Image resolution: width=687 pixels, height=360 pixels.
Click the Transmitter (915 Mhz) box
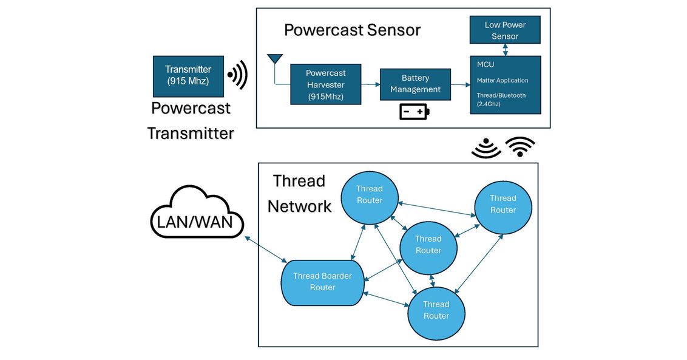tap(188, 75)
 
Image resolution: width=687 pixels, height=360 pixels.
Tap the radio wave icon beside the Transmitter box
tap(238, 75)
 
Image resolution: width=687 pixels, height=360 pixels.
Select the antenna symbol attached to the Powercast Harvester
tap(275, 59)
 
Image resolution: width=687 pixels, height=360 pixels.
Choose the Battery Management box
tap(415, 84)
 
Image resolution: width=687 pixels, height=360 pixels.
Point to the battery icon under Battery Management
tap(414, 112)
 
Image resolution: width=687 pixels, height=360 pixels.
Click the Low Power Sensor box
tap(505, 30)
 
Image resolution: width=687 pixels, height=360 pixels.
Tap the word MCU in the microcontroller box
tap(486, 64)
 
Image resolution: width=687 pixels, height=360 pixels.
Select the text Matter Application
tap(503, 80)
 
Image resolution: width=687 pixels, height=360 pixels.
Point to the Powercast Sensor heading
tap(352, 30)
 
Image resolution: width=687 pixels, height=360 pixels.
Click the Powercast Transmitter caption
tap(191, 120)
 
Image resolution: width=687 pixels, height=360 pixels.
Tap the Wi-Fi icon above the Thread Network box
tap(520, 147)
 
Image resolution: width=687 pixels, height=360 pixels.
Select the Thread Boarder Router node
tap(322, 282)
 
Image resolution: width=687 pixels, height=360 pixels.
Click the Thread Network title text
tap(299, 193)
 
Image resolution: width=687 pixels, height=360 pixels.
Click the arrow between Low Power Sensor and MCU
tap(505, 50)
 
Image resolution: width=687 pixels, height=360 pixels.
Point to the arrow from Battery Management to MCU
tap(461, 84)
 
